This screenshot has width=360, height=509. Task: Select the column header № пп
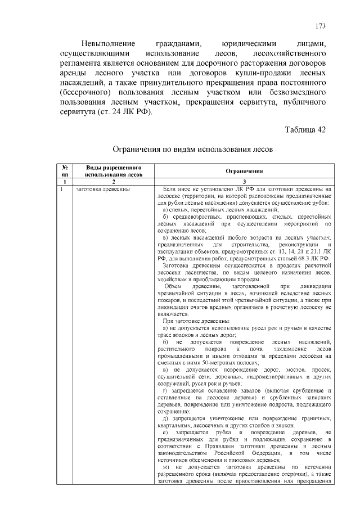click(65, 171)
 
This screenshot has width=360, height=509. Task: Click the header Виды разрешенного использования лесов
click(114, 171)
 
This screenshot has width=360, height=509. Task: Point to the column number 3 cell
click(244, 182)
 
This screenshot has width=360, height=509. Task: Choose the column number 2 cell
click(114, 182)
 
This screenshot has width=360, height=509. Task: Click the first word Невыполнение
click(108, 43)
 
